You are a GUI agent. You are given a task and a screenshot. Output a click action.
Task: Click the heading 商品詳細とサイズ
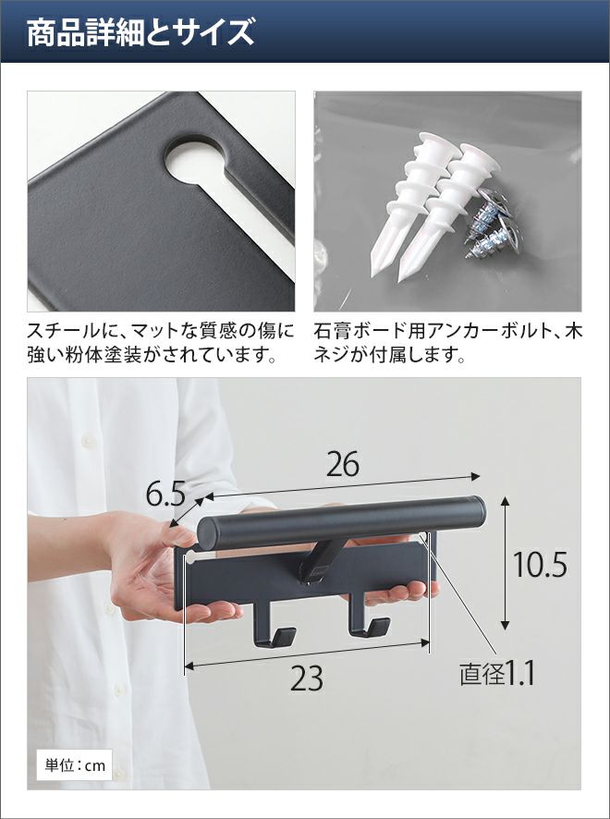click(x=140, y=31)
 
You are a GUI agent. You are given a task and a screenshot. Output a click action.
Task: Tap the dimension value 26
click(x=343, y=464)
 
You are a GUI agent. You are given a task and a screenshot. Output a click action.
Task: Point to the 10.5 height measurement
click(x=540, y=565)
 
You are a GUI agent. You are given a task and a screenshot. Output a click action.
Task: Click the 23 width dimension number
click(x=307, y=679)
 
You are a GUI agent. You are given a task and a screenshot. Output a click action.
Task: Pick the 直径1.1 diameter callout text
click(x=497, y=674)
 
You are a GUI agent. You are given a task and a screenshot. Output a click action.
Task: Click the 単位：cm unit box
click(x=75, y=765)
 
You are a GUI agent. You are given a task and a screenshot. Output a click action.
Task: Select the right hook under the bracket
click(x=369, y=621)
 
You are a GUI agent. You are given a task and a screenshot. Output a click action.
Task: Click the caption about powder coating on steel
click(x=161, y=343)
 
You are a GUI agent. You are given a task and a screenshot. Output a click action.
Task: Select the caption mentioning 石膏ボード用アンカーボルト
click(x=447, y=343)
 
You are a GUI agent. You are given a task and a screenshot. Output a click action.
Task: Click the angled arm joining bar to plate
click(x=320, y=561)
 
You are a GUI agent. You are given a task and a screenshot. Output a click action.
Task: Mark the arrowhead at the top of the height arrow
click(x=505, y=500)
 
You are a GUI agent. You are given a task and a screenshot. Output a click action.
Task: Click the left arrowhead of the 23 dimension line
click(x=189, y=666)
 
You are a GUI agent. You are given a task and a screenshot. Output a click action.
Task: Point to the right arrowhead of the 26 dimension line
click(x=475, y=476)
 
